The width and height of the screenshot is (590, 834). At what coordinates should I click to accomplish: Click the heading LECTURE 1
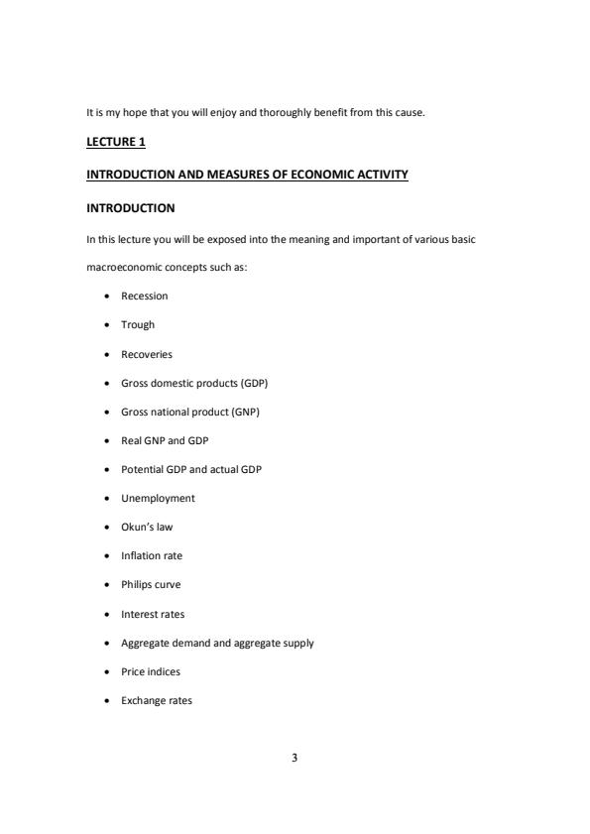pos(116,143)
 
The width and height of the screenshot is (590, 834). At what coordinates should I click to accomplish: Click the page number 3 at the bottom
pos(295,759)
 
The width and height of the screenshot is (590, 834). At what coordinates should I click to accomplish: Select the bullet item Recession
pos(144,297)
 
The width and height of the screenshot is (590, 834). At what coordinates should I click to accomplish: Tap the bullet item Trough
pos(138,325)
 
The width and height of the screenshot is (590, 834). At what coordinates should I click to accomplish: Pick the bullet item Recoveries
pos(146,354)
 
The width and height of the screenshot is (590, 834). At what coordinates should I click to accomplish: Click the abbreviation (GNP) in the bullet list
pos(255,412)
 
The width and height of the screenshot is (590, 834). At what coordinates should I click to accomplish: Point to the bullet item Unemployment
pos(158,499)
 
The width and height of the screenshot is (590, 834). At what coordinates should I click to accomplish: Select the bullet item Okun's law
pos(147,528)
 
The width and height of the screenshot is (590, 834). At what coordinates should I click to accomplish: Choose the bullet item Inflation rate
pos(152,556)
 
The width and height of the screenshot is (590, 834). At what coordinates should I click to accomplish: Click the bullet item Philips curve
pos(151,585)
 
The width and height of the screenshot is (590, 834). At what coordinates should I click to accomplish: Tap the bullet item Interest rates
pos(153,614)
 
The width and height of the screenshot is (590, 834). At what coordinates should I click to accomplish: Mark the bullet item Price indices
pos(150,672)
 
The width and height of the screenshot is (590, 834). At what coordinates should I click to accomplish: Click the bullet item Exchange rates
pos(157,701)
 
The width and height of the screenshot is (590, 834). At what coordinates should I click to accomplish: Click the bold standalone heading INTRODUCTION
pos(131,208)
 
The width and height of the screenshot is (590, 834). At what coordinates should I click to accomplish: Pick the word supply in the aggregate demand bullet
pos(298,644)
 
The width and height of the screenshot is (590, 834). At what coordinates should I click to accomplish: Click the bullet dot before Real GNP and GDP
pos(106,441)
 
